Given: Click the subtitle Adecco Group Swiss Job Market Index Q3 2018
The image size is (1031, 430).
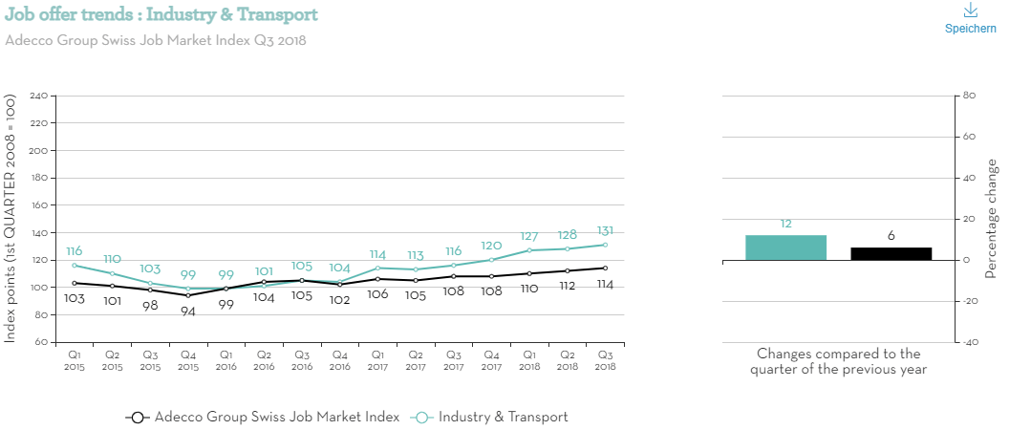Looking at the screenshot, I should point(156,41).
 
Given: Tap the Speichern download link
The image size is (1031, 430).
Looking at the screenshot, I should point(970,19).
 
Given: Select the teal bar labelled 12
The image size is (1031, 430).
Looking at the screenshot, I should point(785,247).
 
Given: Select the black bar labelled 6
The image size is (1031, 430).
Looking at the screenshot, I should point(891,253).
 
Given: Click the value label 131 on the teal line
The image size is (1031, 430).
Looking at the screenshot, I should point(604,230).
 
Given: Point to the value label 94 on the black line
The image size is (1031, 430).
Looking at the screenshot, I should point(187,312).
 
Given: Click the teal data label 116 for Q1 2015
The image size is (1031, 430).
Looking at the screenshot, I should point(75,250).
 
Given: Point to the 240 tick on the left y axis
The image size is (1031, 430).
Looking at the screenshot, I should point(38,97).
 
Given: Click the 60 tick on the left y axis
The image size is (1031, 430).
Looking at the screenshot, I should point(41,342).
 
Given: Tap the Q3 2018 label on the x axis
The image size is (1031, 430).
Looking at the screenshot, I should point(604,359).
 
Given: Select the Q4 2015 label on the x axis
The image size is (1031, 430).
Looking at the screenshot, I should point(187,359).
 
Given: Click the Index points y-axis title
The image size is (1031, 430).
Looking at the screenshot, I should point(11,219).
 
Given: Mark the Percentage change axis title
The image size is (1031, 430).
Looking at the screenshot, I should point(991,219).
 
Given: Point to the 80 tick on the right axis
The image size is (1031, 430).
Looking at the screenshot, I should point(968,96).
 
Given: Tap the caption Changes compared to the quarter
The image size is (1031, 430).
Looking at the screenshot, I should point(838,361).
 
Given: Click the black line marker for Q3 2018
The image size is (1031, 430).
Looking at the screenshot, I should point(604,268).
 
